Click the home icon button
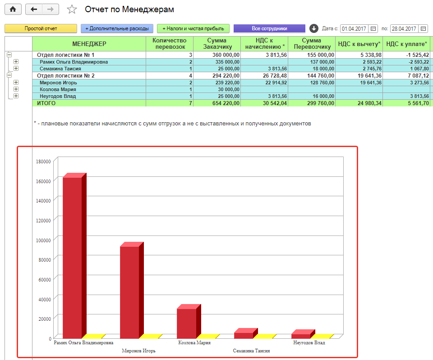(x=13, y=9)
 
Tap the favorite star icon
(x=72, y=9)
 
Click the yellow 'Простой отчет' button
(x=41, y=28)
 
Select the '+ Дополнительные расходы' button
(x=117, y=28)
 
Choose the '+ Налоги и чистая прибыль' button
(x=193, y=28)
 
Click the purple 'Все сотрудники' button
(x=270, y=28)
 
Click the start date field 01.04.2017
(x=354, y=29)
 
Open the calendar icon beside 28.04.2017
(x=423, y=29)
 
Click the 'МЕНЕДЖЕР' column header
(x=89, y=44)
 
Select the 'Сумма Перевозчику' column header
(x=312, y=44)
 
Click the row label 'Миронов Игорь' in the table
(x=58, y=83)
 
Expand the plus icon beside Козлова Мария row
(x=16, y=89)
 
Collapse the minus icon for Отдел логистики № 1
(x=9, y=55)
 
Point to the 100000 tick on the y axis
(x=43, y=240)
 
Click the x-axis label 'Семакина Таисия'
(x=251, y=351)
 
